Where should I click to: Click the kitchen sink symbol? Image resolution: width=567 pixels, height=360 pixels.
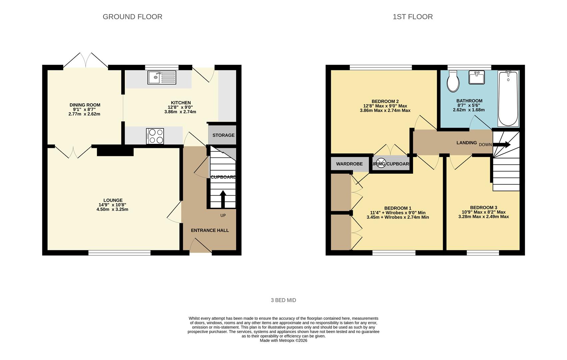point(162,78)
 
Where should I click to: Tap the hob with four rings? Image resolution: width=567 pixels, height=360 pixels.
point(155,136)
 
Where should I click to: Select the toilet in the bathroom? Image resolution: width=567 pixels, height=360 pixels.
point(453,81)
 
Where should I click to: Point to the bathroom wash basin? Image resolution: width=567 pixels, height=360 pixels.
point(476,77)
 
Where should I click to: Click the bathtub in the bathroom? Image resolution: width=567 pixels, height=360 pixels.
point(508,99)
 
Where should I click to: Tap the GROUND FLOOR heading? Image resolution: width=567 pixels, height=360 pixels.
point(132,17)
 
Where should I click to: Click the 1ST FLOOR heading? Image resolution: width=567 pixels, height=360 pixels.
point(412,17)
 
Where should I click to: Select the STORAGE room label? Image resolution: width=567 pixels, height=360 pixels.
point(223,135)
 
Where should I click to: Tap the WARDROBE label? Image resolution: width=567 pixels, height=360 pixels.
point(349,164)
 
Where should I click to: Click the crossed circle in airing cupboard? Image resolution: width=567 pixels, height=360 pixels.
point(381,163)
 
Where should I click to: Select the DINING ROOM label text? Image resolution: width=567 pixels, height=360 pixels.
point(85,105)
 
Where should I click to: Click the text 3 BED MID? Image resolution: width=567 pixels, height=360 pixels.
point(283,300)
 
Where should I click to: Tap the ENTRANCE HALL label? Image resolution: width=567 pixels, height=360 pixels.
point(210,230)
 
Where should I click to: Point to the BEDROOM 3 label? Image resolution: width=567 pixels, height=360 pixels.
point(483,207)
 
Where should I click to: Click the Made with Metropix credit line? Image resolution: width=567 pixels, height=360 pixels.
point(283,341)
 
